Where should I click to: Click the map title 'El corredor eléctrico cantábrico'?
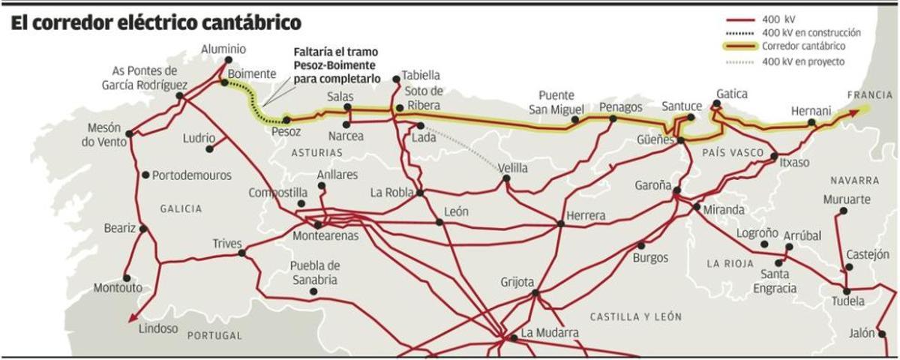[x=156, y=22]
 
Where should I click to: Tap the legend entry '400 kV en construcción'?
[x=811, y=33]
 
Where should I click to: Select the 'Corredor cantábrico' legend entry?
[x=802, y=47]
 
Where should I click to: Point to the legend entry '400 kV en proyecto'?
[x=802, y=61]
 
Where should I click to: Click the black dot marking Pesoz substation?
[x=286, y=119]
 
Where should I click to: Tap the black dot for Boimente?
[x=223, y=82]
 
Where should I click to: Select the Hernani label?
[x=810, y=111]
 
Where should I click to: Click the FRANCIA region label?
[x=870, y=95]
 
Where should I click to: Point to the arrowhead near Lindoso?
[x=133, y=317]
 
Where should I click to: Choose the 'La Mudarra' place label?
[x=550, y=332]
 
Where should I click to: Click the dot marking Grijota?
[x=535, y=293]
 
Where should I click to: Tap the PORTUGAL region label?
[x=214, y=335]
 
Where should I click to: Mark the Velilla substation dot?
[x=506, y=178]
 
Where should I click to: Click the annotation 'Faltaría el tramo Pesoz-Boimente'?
[x=335, y=65]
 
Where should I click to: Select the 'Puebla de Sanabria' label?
[x=315, y=273]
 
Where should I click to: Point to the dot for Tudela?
[x=847, y=291]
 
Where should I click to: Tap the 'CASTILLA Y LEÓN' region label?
[x=635, y=316]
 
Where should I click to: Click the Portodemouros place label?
[x=191, y=175]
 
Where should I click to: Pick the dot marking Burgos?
[x=640, y=245]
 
